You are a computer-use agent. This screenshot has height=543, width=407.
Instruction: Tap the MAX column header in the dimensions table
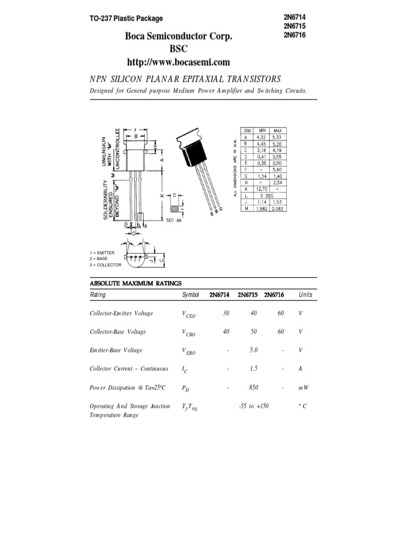(277, 130)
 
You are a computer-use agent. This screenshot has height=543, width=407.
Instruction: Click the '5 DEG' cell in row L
(269, 195)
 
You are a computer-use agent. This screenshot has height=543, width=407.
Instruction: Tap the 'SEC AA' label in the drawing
(174, 220)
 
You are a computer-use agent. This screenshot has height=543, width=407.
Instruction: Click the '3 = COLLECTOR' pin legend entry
(105, 265)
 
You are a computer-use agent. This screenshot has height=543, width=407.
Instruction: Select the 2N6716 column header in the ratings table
(274, 295)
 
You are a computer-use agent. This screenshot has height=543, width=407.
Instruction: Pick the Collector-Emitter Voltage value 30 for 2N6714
(226, 313)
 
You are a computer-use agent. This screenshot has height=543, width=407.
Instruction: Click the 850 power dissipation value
(253, 388)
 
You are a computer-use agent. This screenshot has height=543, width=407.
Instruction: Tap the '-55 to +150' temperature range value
(253, 406)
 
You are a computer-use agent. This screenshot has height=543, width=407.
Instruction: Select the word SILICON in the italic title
(126, 79)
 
